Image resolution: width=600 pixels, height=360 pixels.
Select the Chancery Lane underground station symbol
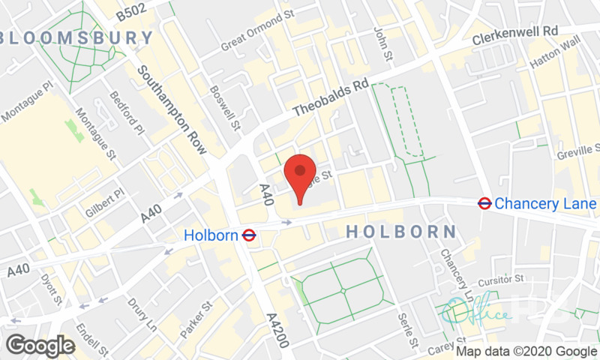(484, 203)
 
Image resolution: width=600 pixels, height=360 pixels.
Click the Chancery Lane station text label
(545, 203)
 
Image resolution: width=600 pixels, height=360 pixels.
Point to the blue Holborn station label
(211, 235)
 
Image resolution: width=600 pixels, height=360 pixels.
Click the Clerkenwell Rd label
(515, 36)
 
